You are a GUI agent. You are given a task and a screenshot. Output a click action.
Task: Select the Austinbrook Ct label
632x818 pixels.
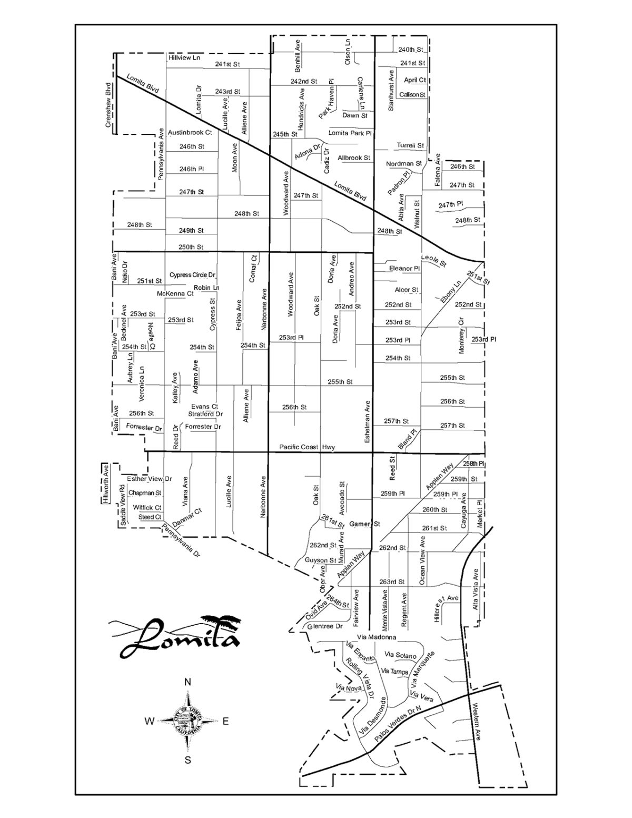pyautogui.click(x=190, y=133)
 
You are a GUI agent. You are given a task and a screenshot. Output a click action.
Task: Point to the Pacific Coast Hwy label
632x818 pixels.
pyautogui.click(x=308, y=447)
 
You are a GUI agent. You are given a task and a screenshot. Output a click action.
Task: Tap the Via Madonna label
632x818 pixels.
pyautogui.click(x=376, y=637)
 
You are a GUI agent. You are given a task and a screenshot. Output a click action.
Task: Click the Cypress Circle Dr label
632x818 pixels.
pyautogui.click(x=193, y=275)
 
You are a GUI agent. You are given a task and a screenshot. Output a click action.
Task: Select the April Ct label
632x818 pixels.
pyautogui.click(x=415, y=80)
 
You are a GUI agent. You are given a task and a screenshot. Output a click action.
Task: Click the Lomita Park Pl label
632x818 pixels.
pyautogui.click(x=350, y=133)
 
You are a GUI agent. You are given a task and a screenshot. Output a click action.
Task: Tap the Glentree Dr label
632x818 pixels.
pyautogui.click(x=324, y=626)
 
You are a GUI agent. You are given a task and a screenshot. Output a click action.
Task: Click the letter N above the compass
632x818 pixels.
pyautogui.click(x=187, y=682)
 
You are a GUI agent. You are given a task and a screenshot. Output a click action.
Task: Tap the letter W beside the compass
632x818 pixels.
pyautogui.click(x=150, y=722)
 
